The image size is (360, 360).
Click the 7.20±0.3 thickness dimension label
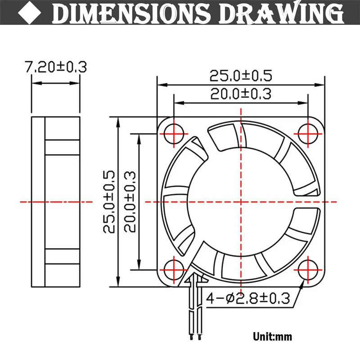coord(56,67)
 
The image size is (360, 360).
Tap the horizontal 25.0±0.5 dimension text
coord(241,76)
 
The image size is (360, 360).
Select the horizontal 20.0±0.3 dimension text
coord(241,94)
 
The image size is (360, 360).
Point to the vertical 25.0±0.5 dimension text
coord(109,202)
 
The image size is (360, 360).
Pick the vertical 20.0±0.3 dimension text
coord(130,202)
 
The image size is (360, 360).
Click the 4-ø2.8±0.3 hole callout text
coord(248,298)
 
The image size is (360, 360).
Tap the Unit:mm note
coord(273,337)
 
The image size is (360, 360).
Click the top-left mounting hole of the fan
coord(174,134)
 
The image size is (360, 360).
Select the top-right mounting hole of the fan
coord(308,134)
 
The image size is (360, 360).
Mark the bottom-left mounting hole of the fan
coord(174,270)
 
